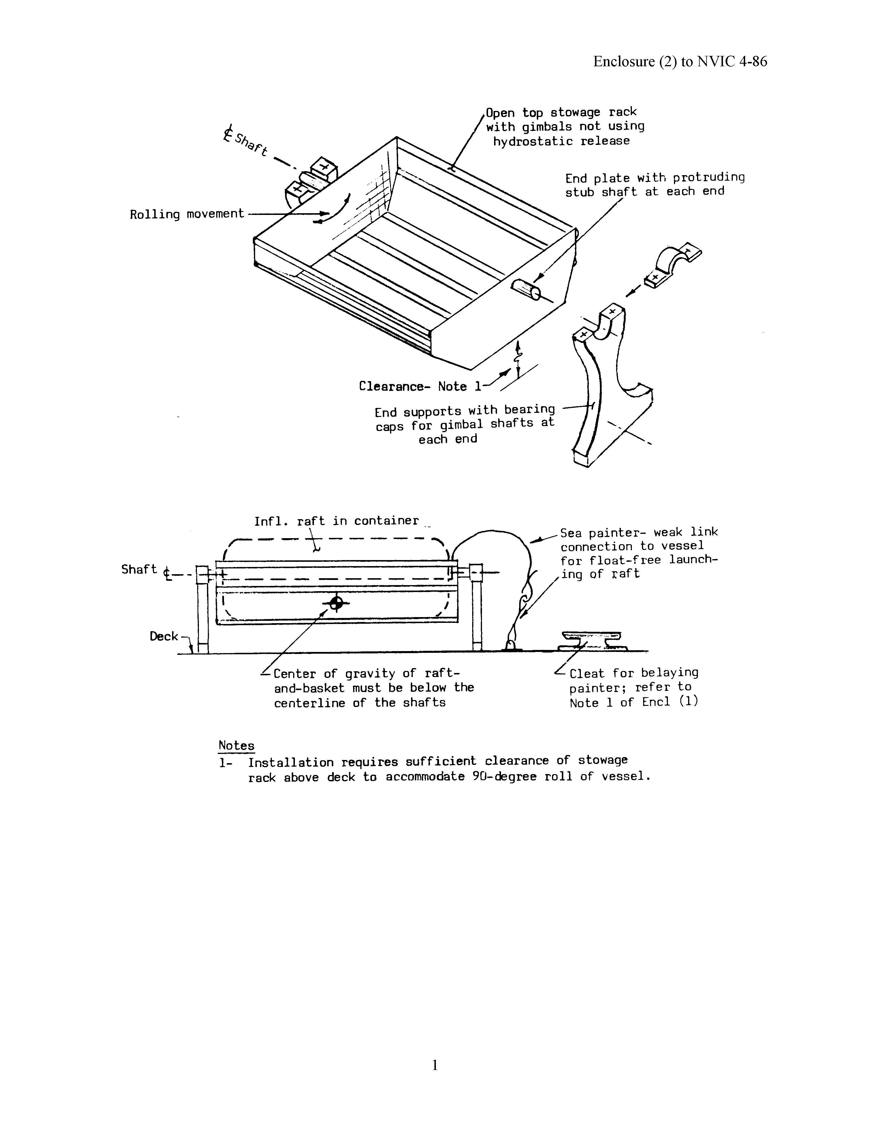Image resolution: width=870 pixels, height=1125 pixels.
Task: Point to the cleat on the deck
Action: (x=592, y=640)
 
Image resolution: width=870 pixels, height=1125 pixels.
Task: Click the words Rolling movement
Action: (x=187, y=214)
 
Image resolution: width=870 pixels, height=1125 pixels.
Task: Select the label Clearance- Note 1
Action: (x=420, y=386)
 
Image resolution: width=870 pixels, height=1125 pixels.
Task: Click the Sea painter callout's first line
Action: (x=639, y=532)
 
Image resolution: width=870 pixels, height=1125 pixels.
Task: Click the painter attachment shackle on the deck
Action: (x=510, y=645)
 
